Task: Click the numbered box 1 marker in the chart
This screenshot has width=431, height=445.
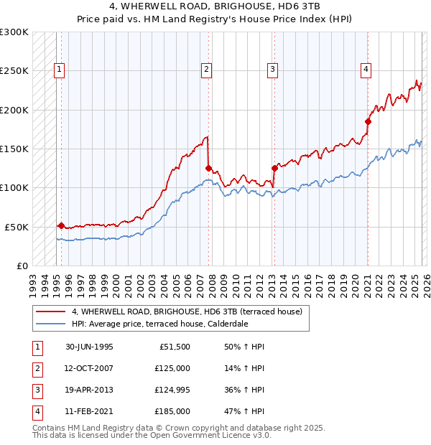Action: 58,70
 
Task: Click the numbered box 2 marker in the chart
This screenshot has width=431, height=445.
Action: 206,70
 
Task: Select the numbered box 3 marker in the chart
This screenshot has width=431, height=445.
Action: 273,70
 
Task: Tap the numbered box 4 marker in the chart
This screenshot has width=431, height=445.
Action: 366,70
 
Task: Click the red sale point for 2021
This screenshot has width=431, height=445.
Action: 368,121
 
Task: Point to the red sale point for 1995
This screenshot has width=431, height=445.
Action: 61,225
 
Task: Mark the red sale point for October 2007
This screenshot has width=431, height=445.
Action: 208,169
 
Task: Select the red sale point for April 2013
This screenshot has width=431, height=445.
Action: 274,169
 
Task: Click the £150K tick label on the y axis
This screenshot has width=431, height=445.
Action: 14,149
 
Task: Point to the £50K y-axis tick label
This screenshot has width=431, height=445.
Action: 17,226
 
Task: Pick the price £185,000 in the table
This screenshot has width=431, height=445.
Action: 172,411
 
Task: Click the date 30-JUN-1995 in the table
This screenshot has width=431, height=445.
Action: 89,347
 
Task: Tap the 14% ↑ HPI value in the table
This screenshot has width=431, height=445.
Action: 244,368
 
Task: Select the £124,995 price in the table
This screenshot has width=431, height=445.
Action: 172,390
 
